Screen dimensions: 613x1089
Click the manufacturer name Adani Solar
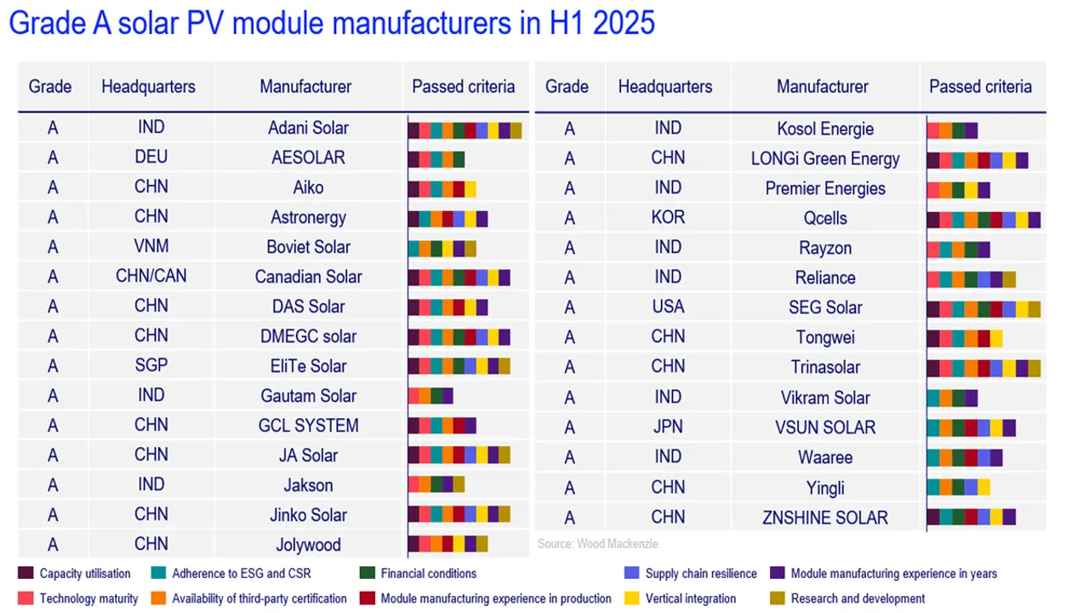point(308,128)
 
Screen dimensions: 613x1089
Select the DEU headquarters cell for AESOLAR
point(151,158)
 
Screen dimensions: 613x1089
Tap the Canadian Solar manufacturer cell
point(308,277)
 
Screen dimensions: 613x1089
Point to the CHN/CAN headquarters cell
point(151,276)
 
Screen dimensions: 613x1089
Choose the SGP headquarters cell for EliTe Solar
point(151,365)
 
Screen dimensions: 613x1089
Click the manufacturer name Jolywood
point(308,545)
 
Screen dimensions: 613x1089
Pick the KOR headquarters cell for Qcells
point(668,217)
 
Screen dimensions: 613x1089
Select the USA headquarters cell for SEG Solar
point(668,306)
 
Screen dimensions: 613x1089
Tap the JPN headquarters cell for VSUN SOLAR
point(668,427)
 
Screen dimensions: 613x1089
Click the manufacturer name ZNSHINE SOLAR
point(824,518)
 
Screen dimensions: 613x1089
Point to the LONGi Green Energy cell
point(824,158)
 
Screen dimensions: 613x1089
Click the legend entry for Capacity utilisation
point(84,574)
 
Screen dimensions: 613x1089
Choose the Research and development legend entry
point(857,599)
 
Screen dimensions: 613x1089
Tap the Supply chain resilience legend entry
point(701,574)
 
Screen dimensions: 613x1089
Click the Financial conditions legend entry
point(428,574)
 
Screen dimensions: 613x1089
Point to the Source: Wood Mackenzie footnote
point(599,543)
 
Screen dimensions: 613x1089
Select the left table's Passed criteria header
point(464,87)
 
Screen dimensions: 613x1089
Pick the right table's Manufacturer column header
point(823,87)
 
